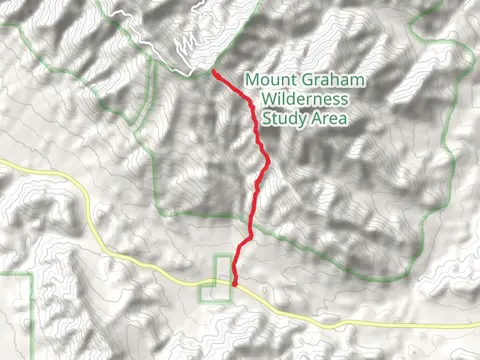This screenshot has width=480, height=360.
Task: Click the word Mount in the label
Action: pyautogui.click(x=268, y=80)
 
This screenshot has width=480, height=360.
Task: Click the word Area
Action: pyautogui.click(x=329, y=119)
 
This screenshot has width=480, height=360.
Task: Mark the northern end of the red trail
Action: pyautogui.click(x=214, y=71)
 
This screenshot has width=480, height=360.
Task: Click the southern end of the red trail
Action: pyautogui.click(x=234, y=284)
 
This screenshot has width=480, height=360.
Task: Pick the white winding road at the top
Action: pyautogui.click(x=150, y=30)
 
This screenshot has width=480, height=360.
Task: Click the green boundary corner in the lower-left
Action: pyautogui.click(x=34, y=270)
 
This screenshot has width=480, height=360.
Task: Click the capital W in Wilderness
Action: pyautogui.click(x=267, y=100)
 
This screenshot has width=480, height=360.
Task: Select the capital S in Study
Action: pyautogui.click(x=267, y=119)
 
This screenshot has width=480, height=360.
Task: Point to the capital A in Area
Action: pyautogui.click(x=315, y=119)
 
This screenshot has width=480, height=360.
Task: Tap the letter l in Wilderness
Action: pyautogui.click(x=286, y=100)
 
